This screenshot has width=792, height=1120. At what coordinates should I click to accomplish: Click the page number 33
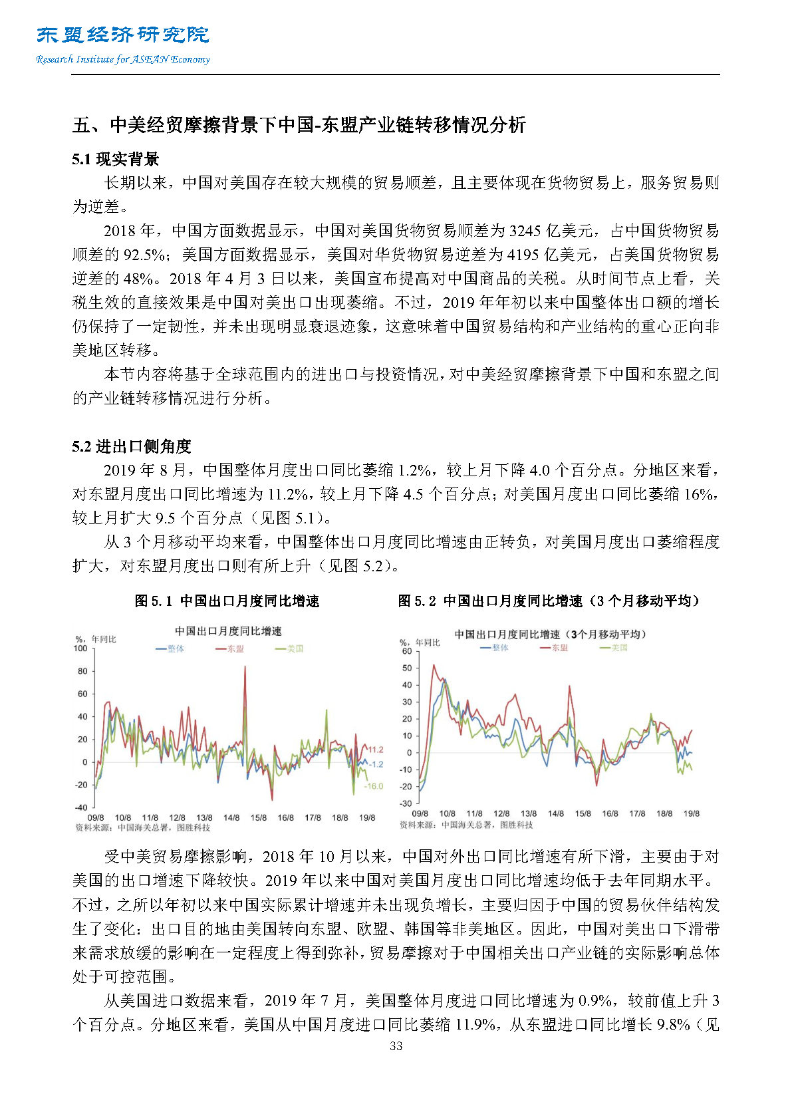(x=396, y=1046)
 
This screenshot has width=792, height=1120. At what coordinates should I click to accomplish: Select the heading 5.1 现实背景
(x=116, y=160)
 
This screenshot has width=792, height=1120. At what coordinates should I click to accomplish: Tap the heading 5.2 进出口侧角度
(x=132, y=446)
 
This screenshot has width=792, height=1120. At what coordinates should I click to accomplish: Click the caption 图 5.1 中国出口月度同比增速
(x=227, y=601)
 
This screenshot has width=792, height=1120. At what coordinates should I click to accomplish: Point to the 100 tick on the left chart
(x=80, y=648)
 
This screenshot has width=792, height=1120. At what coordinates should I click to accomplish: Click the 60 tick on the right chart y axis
(x=406, y=651)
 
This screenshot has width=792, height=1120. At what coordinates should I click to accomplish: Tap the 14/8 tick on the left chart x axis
(x=231, y=817)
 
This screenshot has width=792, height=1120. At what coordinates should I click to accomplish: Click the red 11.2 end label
(x=376, y=750)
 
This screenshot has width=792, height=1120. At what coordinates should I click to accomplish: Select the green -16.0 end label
(x=374, y=786)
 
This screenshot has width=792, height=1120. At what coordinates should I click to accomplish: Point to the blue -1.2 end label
(x=376, y=764)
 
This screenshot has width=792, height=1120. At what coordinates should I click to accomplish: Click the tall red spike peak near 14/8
(x=245, y=666)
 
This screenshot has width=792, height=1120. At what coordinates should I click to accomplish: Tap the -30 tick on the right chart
(x=405, y=803)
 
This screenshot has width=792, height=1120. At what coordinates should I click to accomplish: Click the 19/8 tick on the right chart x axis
(x=692, y=813)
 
